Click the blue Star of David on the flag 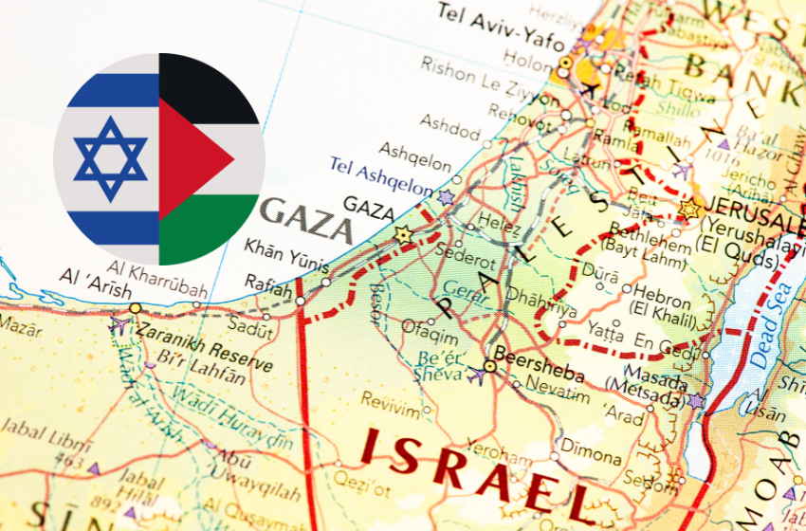tap(111, 159)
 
